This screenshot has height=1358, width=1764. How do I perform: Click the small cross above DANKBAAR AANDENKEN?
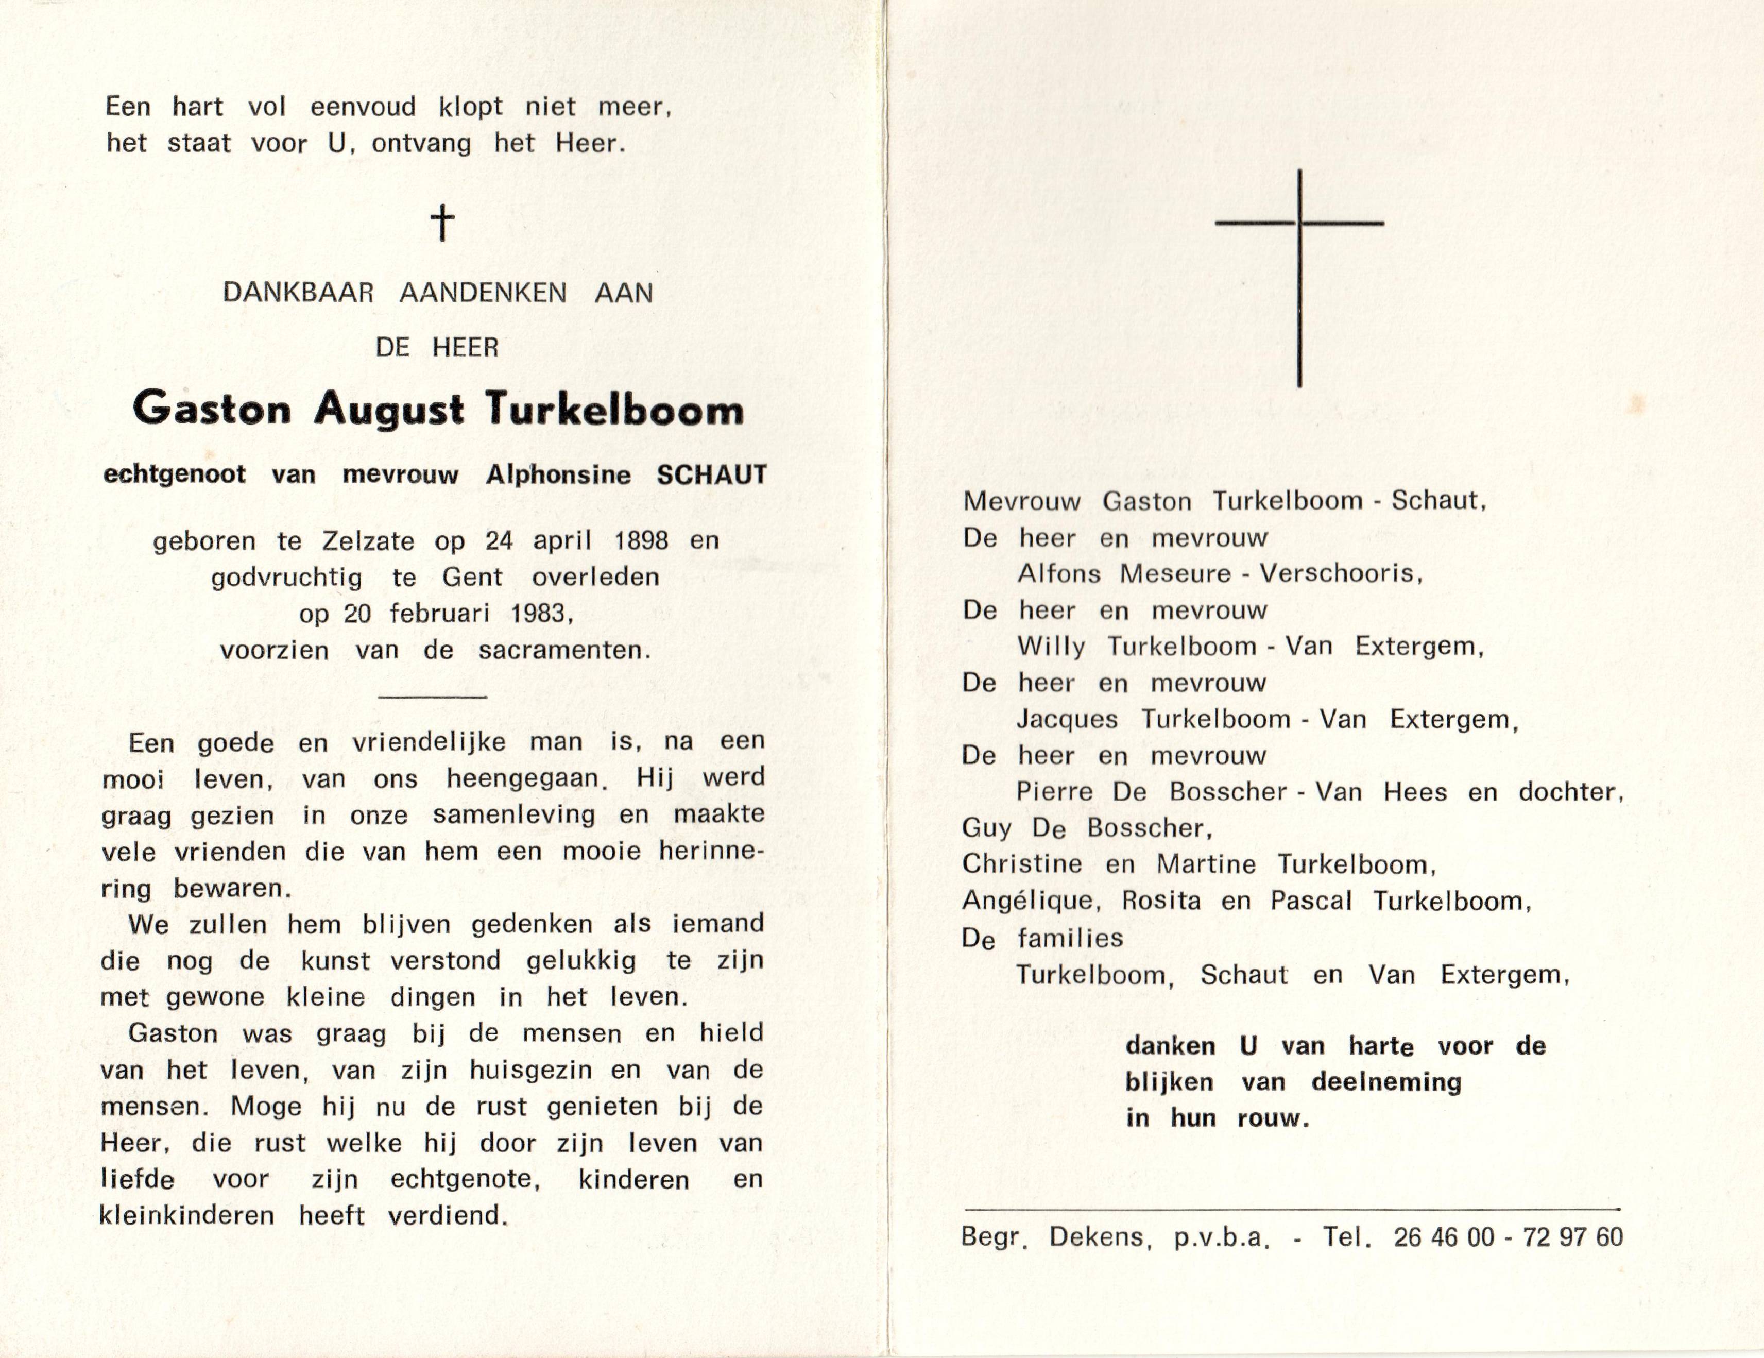pyautogui.click(x=442, y=223)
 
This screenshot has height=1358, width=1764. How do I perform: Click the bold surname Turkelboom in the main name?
pyautogui.click(x=614, y=410)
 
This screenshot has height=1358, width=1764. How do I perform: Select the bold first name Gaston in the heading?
pyautogui.click(x=212, y=409)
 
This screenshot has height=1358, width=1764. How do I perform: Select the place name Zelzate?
pyautogui.click(x=368, y=540)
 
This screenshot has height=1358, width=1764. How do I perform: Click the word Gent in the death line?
pyautogui.click(x=472, y=577)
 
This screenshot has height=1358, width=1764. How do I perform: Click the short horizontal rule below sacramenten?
pyautogui.click(x=432, y=697)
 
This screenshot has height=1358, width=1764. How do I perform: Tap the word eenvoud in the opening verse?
pyautogui.click(x=364, y=107)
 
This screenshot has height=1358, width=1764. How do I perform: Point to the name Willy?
pyautogui.click(x=1051, y=646)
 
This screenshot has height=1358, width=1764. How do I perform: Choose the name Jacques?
pyautogui.click(x=1067, y=719)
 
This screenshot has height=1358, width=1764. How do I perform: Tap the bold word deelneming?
pyautogui.click(x=1386, y=1082)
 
